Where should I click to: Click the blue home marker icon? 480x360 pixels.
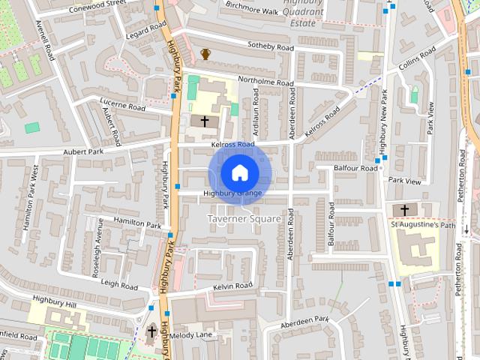[239, 173]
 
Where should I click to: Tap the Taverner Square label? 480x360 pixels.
[243, 218]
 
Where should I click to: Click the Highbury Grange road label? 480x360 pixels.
[232, 193]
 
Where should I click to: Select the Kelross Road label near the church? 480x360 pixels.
[232, 143]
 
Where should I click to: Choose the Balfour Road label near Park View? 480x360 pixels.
[356, 169]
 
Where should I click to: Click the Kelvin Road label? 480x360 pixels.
[232, 286]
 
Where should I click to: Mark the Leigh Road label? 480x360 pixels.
[119, 285]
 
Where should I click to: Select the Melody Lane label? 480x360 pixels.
[191, 336]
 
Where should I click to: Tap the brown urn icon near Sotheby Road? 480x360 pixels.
[205, 54]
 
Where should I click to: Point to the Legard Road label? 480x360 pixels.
[145, 34]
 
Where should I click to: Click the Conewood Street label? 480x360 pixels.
[97, 4]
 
